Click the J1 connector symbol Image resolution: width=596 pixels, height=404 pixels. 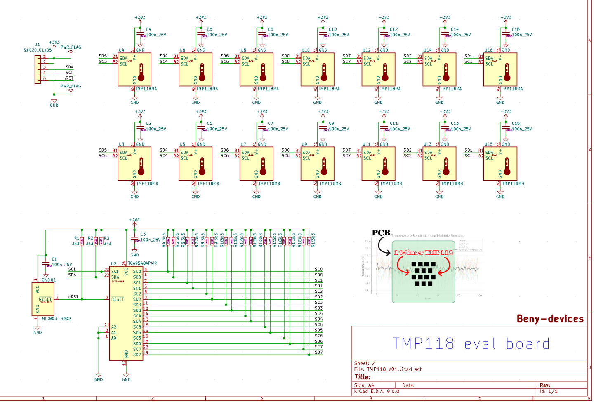click(38, 69)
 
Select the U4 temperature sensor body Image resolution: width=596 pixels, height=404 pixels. click(134, 69)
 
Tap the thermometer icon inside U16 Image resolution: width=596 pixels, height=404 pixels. click(507, 72)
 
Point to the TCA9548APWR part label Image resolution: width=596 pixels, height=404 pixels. click(142, 263)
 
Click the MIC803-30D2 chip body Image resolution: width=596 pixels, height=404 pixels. click(43, 299)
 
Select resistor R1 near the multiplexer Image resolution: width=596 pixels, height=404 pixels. click(82, 241)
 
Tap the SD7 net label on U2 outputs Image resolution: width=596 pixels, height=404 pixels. click(318, 352)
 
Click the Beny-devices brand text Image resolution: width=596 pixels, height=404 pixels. click(550, 319)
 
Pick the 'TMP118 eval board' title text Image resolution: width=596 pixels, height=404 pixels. click(471, 343)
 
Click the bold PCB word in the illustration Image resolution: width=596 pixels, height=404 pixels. click(381, 233)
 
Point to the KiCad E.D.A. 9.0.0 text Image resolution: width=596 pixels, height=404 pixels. click(377, 391)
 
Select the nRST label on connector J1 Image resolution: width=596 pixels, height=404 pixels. click(68, 78)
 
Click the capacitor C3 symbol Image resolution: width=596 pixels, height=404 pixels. click(134, 238)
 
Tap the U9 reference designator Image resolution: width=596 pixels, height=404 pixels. click(304, 144)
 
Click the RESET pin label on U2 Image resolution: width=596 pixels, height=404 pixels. click(118, 299)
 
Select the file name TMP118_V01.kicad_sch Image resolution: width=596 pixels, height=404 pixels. click(395, 369)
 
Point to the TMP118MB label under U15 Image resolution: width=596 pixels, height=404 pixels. click(513, 183)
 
